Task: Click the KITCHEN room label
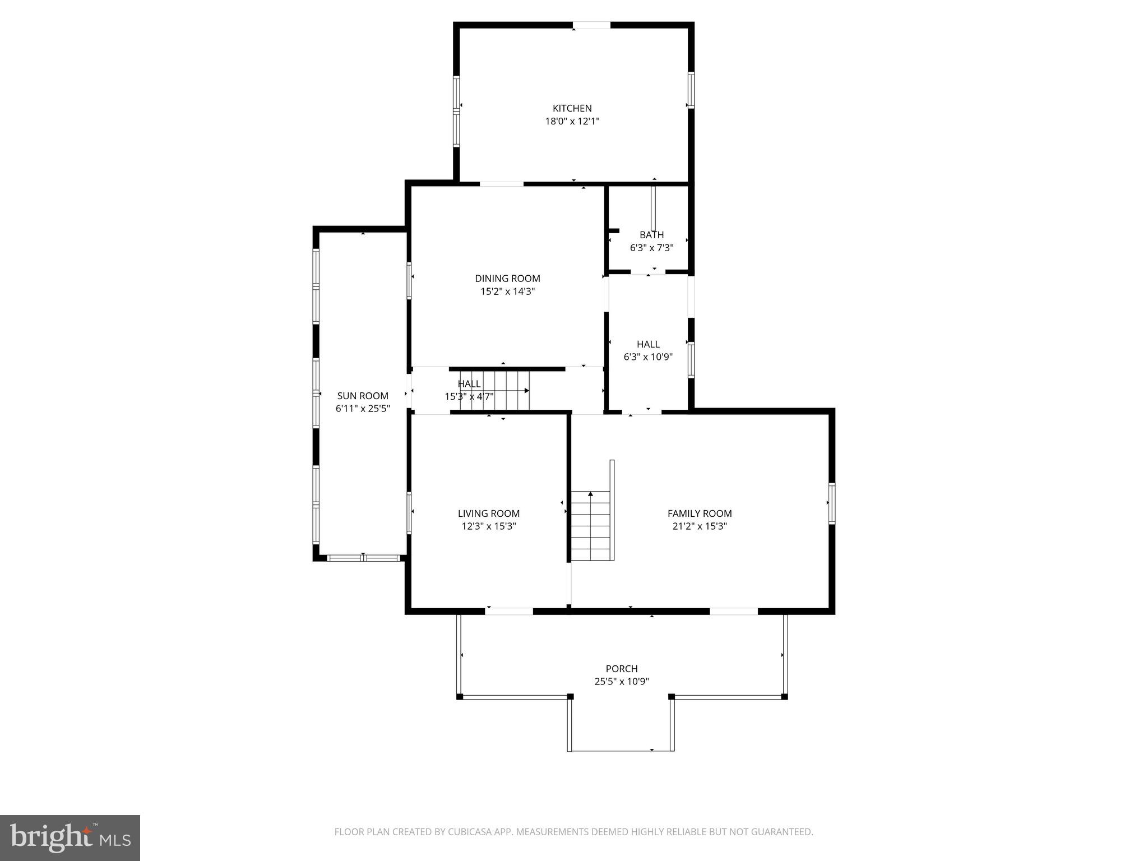[572, 108]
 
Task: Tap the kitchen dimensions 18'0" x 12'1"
[572, 121]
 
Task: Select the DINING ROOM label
[507, 279]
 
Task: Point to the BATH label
[651, 235]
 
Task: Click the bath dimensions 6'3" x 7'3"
[651, 248]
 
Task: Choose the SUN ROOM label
[363, 396]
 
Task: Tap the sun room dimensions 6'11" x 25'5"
[363, 409]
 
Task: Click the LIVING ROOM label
[488, 513]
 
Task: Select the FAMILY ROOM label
[700, 513]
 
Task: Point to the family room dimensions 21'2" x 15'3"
[700, 526]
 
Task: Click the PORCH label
[622, 669]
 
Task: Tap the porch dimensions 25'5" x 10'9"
[622, 682]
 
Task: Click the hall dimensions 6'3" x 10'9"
[648, 357]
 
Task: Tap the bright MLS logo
[70, 837]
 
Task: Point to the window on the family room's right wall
[832, 503]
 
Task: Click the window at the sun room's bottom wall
[363, 558]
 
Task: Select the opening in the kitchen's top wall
[591, 25]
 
